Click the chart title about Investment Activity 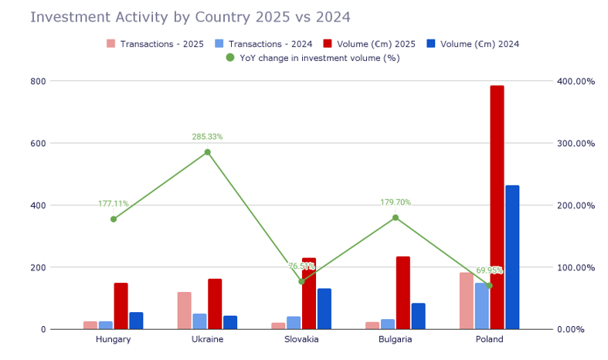click(190, 17)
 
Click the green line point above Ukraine click(207, 152)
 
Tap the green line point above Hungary click(114, 219)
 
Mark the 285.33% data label click(207, 137)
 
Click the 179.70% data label click(396, 202)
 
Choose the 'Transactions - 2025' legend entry click(155, 44)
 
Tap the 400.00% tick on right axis click(576, 81)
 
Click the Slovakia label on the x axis click(301, 339)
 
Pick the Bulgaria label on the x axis click(396, 339)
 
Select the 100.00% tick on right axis click(576, 267)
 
